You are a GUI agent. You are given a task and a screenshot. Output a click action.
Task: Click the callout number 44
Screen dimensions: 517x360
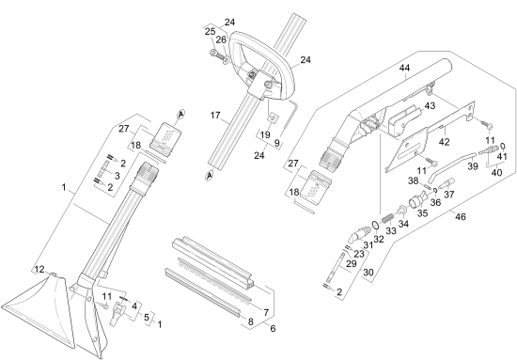coord(404,68)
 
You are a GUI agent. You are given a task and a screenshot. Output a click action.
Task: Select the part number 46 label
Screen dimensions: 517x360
coord(461,216)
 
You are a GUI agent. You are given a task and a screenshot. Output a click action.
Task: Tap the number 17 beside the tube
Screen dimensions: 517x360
coord(215,116)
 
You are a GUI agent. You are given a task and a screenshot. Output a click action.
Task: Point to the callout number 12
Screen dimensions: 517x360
coord(39,270)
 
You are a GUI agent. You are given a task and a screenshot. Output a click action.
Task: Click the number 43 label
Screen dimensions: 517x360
coord(430,106)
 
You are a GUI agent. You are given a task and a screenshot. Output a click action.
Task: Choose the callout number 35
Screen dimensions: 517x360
coord(422,213)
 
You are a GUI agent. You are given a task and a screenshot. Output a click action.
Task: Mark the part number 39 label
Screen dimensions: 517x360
coord(473,166)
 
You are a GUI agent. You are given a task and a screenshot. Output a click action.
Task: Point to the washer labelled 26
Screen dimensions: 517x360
coord(227,60)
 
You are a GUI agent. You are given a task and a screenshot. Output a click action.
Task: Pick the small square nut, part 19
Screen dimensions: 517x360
coord(273,117)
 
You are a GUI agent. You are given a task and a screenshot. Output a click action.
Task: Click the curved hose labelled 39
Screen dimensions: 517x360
coord(452,167)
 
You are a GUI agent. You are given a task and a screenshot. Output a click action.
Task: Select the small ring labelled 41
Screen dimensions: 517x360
coord(503,146)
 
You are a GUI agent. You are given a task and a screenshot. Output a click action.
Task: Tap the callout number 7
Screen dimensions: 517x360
coord(266,312)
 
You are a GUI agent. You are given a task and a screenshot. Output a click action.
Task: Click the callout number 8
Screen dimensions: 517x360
coord(251,321)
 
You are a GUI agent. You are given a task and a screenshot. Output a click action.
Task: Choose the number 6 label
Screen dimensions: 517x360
coord(273,329)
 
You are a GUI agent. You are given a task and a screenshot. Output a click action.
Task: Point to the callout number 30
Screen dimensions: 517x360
coord(368,273)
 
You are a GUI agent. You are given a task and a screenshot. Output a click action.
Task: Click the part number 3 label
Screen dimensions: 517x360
coord(117,176)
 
